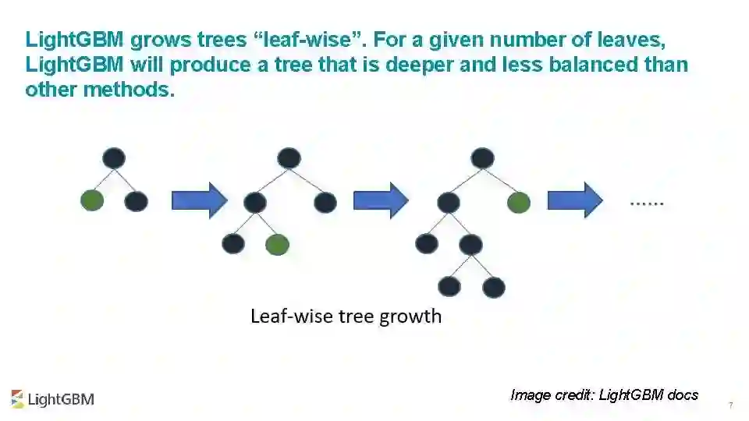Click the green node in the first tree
pos(92,200)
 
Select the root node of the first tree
pos(114,158)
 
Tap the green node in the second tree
pos(277,244)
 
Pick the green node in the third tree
pos(518,203)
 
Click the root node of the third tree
pos(483,158)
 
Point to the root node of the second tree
pos(289,158)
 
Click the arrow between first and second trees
pos(198,201)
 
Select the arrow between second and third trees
pos(380,201)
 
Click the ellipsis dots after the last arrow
pos(647,203)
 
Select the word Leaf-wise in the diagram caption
pos(285,317)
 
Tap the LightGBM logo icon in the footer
pos(17,398)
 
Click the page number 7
pos(730,405)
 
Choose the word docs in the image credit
pos(683,394)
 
